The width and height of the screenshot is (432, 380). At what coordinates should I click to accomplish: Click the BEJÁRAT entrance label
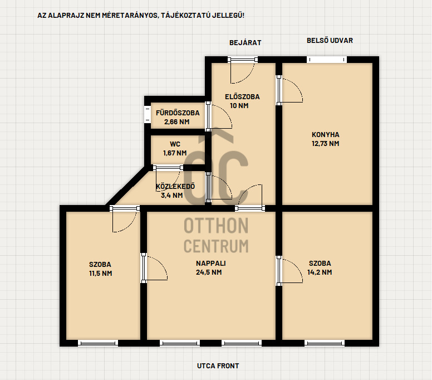click(245, 43)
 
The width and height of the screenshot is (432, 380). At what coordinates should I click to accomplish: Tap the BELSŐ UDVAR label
click(330, 40)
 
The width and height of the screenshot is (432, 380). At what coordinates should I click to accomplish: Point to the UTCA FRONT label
click(218, 366)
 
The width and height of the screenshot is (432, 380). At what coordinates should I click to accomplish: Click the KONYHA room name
click(325, 135)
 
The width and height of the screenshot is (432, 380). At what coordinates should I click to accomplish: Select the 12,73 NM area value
click(325, 143)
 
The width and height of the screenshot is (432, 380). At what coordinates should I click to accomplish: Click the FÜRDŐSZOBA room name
click(178, 113)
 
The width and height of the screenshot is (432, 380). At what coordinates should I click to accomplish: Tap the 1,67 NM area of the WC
click(175, 153)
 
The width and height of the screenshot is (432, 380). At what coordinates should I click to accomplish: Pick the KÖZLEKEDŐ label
click(175, 187)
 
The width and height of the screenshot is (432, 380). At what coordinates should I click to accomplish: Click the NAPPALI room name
click(211, 264)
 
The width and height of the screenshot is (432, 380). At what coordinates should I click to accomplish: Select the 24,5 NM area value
click(209, 272)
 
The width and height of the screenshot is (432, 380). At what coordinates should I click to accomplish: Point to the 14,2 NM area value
click(320, 272)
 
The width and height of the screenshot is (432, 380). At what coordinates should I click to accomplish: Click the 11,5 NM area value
click(100, 273)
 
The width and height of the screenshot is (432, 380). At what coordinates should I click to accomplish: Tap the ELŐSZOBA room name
click(242, 97)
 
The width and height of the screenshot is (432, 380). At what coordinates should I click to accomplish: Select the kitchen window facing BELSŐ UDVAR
click(326, 60)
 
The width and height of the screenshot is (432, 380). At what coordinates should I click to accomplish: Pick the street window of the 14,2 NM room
click(325, 343)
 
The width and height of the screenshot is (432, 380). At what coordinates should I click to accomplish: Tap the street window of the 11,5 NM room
click(98, 343)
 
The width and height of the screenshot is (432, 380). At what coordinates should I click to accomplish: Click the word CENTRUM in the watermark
click(216, 246)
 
